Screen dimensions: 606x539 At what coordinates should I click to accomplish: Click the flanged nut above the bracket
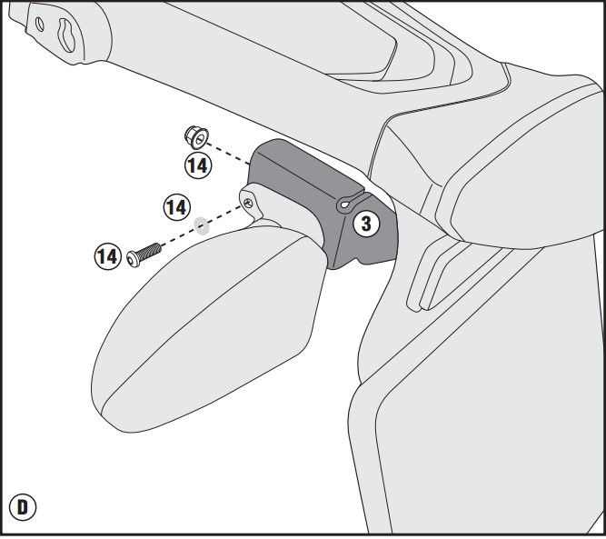coord(196,137)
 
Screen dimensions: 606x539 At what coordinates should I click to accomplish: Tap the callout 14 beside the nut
coord(198,165)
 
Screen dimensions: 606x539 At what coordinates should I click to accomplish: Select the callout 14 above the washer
coord(177,207)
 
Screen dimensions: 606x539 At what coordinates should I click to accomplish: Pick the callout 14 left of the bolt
coord(108,256)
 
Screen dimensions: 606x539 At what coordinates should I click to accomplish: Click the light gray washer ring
coord(202,225)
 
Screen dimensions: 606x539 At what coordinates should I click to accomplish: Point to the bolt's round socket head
coord(133,259)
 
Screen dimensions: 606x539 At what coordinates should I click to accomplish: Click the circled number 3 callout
coord(366,224)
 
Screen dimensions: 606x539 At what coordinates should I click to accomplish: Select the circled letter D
coord(23,507)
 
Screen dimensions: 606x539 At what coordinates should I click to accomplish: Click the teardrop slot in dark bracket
coord(347,203)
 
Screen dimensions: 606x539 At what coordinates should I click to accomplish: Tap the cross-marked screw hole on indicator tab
coord(248,203)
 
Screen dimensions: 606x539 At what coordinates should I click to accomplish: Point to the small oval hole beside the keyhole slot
coord(40,24)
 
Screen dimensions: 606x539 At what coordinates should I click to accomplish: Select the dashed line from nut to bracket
coord(228,154)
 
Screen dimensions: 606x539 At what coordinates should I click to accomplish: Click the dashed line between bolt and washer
coord(177,237)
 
